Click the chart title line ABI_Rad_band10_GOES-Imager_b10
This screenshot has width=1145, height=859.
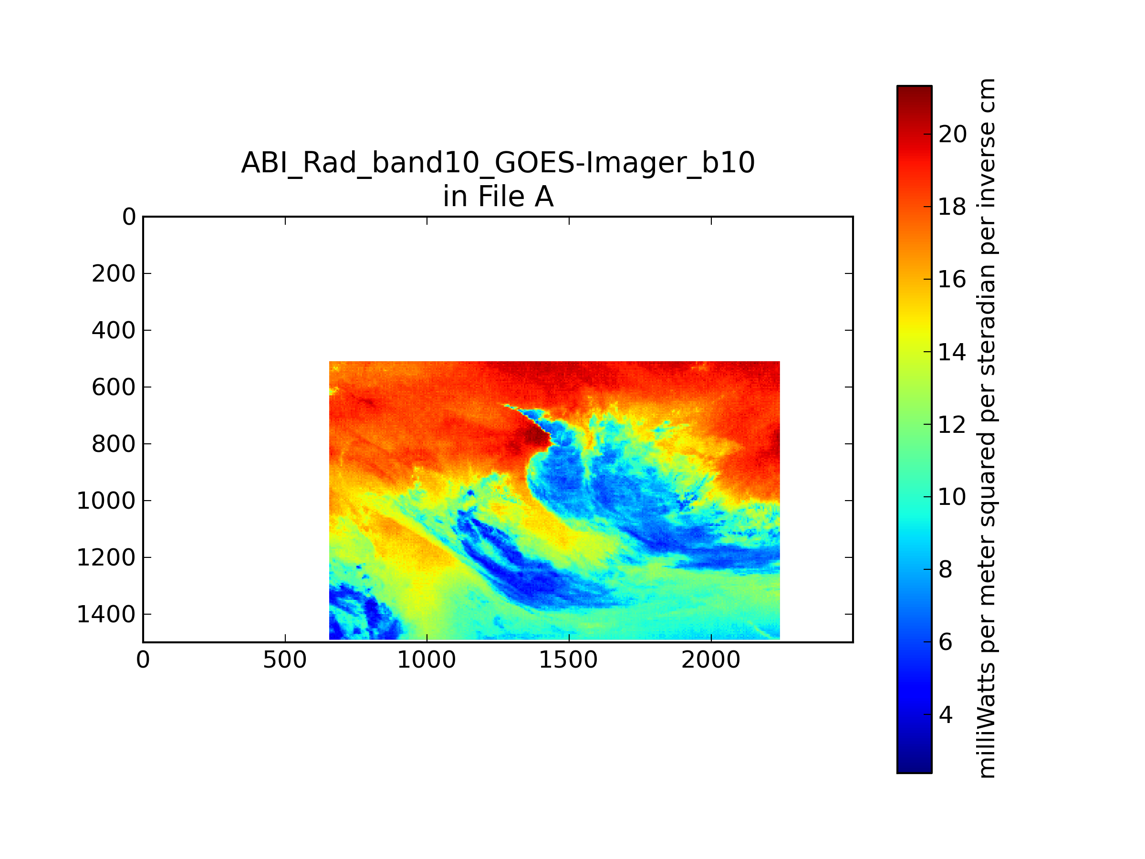[x=498, y=164]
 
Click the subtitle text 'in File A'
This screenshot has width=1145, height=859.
[x=498, y=197]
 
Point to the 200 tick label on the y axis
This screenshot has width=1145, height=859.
[x=114, y=273]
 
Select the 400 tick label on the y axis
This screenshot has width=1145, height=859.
[x=114, y=330]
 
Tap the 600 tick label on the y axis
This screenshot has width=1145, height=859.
[x=114, y=387]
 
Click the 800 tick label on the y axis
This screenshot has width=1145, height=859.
[x=114, y=444]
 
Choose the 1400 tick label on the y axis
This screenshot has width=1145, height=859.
[x=106, y=614]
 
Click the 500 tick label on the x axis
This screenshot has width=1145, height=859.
[x=285, y=660]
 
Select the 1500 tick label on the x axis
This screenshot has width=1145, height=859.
[x=568, y=660]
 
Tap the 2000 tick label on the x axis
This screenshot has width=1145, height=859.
[x=711, y=660]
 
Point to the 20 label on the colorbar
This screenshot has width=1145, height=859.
[x=952, y=135]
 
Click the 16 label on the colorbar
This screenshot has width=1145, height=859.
[x=952, y=280]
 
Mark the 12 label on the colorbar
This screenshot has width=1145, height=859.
[x=952, y=425]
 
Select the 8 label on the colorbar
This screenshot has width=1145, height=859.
[x=945, y=569]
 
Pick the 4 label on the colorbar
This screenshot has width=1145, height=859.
[x=945, y=715]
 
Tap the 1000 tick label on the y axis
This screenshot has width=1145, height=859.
[x=106, y=501]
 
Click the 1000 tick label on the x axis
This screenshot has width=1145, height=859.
[x=427, y=660]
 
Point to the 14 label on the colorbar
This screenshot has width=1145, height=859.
[x=952, y=353]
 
